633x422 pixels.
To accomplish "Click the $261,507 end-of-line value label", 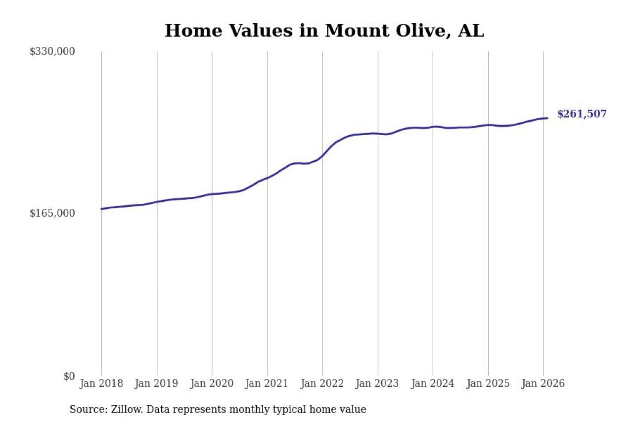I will [582, 114].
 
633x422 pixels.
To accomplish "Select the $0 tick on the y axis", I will [69, 376].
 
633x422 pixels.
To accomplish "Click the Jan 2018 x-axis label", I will [101, 383].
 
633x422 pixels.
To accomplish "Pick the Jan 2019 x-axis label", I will [157, 383].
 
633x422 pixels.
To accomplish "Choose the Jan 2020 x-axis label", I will [212, 383].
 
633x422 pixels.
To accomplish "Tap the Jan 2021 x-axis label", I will [268, 383].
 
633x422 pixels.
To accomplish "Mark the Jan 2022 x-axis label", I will [322, 383].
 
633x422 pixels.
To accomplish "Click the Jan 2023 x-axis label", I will [378, 383].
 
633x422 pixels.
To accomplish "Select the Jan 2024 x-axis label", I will [433, 383].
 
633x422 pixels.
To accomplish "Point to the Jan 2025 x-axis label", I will [488, 383].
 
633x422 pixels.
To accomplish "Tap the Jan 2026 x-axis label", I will [543, 383].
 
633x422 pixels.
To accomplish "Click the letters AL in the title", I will [471, 31].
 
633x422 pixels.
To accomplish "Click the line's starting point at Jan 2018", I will [101, 209].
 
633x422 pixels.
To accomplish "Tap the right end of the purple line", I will [547, 118].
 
